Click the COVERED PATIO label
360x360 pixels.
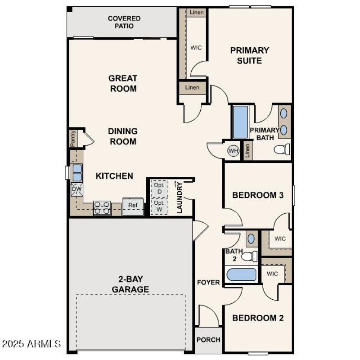coord(124,22)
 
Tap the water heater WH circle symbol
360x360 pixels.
coord(233,150)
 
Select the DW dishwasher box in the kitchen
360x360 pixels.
coord(76,190)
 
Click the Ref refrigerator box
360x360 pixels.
coord(133,206)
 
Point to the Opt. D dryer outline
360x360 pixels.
coord(159,189)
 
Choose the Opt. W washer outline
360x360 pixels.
coord(159,206)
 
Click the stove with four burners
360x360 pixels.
coord(102,207)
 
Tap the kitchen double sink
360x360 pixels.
coord(77,173)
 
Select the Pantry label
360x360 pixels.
coord(73,139)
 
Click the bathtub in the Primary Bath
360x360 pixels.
coord(240,122)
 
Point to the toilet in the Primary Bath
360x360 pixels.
coord(282,149)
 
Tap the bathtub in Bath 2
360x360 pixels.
coord(241,274)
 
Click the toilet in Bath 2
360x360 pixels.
coord(248,256)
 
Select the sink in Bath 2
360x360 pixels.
coord(251,238)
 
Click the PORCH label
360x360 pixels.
coord(209,340)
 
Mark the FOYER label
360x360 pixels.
coord(208,283)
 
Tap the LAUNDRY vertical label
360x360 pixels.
coord(180,198)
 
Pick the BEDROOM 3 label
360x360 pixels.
coord(257,195)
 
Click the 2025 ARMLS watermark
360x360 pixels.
coord(31,344)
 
